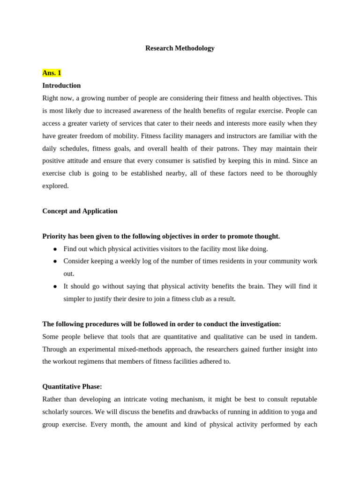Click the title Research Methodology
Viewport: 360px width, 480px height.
pos(180,48)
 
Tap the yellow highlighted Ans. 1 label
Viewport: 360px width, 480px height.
pos(52,73)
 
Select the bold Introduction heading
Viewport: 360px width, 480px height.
pos(61,86)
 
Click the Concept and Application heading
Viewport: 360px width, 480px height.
pos(80,211)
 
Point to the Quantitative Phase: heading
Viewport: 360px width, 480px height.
pos(72,387)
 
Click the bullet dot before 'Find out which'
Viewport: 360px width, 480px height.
pos(55,249)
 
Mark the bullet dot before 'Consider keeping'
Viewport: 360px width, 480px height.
pos(55,261)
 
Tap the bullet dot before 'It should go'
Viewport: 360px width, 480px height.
pos(55,286)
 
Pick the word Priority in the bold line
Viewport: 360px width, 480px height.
pos(55,236)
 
